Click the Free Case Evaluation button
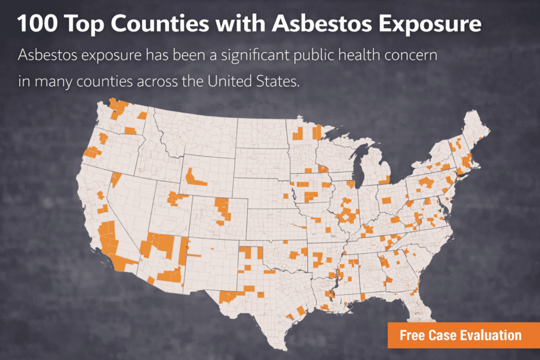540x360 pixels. (x=460, y=335)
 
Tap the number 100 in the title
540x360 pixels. (x=38, y=24)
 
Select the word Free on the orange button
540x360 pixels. (x=412, y=335)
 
